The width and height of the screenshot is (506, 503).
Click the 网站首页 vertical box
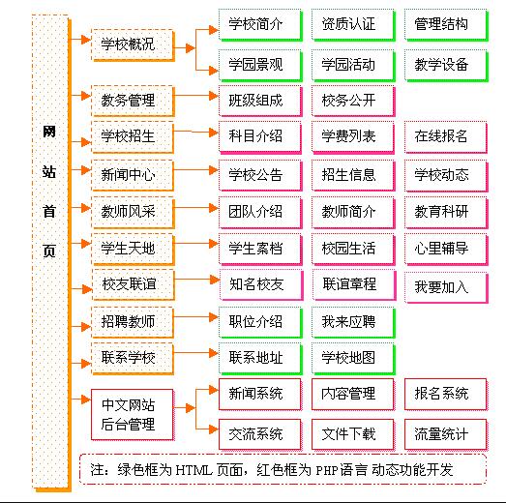pyautogui.click(x=49, y=251)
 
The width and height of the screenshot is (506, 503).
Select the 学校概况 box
pyautogui.click(x=128, y=44)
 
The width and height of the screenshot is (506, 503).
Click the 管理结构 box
pyautogui.click(x=442, y=23)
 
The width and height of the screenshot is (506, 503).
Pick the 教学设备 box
pyautogui.click(x=442, y=66)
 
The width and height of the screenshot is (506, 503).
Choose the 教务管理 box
pyautogui.click(x=128, y=100)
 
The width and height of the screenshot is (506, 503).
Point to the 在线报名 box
pyautogui.click(x=442, y=136)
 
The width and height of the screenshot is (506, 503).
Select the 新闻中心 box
pyautogui.click(x=128, y=174)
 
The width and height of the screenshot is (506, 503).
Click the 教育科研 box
pyautogui.click(x=442, y=211)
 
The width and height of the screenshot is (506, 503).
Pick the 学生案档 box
pyautogui.click(x=255, y=248)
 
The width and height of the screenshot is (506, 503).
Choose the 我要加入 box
pyautogui.click(x=442, y=286)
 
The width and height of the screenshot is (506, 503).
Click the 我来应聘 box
pyautogui.click(x=348, y=321)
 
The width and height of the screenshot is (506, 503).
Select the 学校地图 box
pyautogui.click(x=348, y=358)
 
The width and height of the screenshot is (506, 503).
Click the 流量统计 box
pyautogui.click(x=442, y=433)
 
